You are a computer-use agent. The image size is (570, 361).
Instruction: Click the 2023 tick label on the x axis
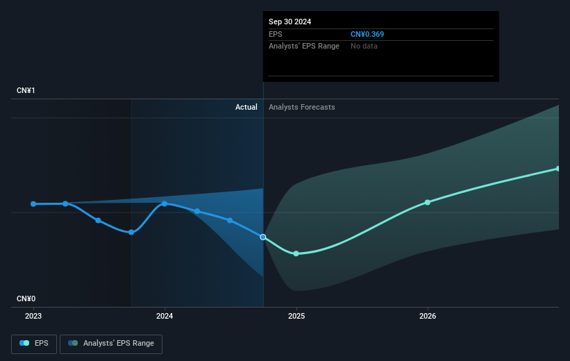point(33,316)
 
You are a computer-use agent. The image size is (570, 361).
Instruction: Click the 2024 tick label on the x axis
point(165,316)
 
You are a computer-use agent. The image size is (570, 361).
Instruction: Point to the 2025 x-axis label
point(296,316)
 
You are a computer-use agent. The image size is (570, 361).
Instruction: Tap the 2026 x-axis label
point(428,316)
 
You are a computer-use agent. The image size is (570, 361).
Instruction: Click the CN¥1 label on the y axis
point(26,91)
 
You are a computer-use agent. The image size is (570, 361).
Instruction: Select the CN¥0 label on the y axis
point(26,299)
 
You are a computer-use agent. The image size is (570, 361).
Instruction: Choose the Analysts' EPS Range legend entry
point(111,344)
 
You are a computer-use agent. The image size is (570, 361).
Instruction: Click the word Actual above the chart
point(246,107)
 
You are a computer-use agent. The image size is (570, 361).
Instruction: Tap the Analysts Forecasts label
point(301,107)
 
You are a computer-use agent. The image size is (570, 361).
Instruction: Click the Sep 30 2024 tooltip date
point(290,22)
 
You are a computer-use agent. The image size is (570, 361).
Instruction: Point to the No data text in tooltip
point(364,46)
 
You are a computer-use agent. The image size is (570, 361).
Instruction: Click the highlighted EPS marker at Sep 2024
point(263,237)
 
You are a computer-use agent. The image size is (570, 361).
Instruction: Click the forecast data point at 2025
point(296,253)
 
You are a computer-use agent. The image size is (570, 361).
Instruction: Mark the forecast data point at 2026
point(428,202)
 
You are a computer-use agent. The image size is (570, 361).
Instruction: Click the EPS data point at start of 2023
point(33,203)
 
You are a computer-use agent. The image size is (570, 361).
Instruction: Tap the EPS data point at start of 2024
point(165,203)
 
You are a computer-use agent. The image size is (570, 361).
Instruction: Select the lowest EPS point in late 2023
point(131,232)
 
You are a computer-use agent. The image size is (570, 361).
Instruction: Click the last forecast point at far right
point(558,169)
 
